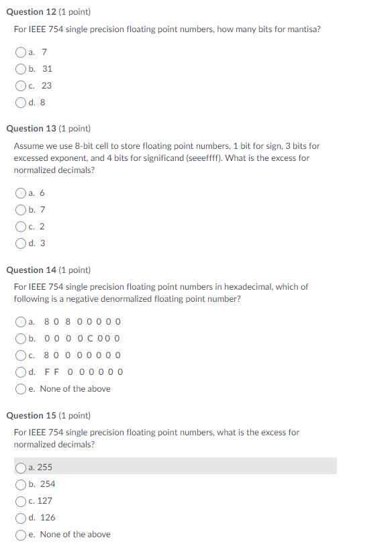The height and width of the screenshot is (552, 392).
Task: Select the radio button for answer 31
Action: tap(21, 69)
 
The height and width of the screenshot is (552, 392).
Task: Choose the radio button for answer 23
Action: tap(21, 86)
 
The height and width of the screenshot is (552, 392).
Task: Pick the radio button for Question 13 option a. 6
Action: tap(21, 193)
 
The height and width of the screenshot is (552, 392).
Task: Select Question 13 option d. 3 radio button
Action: tap(21, 243)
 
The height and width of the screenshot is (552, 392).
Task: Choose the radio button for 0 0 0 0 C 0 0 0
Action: tap(21, 338)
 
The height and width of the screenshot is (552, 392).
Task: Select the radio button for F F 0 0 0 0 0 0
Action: tap(21, 372)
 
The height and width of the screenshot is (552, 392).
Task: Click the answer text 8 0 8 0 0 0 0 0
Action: tap(83, 321)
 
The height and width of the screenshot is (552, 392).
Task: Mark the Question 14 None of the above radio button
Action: tap(21, 388)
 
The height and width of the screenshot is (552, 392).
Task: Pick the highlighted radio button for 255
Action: tap(21, 467)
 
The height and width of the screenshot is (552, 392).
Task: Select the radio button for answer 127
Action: tap(21, 500)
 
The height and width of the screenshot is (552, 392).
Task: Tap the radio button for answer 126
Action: tap(21, 517)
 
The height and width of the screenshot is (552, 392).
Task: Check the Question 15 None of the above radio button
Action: tap(21, 534)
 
